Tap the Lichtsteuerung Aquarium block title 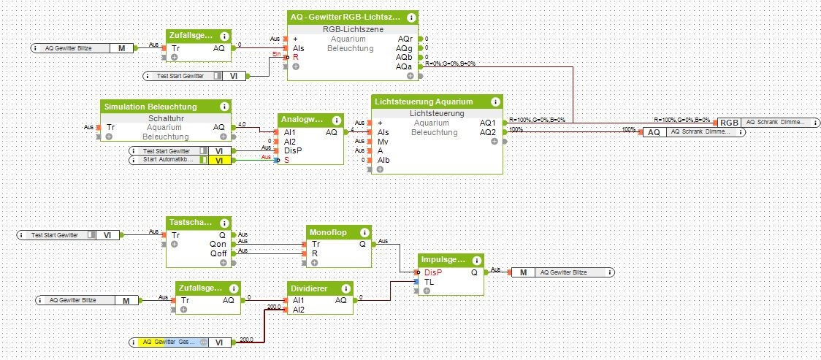pos(424,102)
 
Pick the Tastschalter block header pos(191,221)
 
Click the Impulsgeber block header pos(444,259)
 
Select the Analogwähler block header pos(304,120)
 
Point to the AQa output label pos(405,67)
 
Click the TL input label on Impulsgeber pos(429,280)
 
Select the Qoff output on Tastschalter pos(218,253)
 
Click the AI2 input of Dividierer pos(298,309)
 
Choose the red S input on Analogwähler pos(286,159)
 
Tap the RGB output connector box pos(728,122)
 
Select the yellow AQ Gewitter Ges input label pos(169,342)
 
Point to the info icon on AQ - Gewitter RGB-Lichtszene pos(411,17)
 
